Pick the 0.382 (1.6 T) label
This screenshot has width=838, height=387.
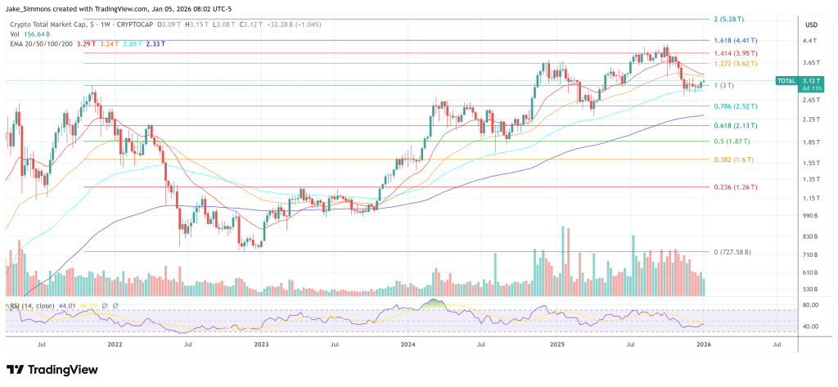(x=736, y=160)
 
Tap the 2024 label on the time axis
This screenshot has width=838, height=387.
(x=408, y=346)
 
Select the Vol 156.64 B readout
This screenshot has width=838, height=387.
(x=29, y=34)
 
